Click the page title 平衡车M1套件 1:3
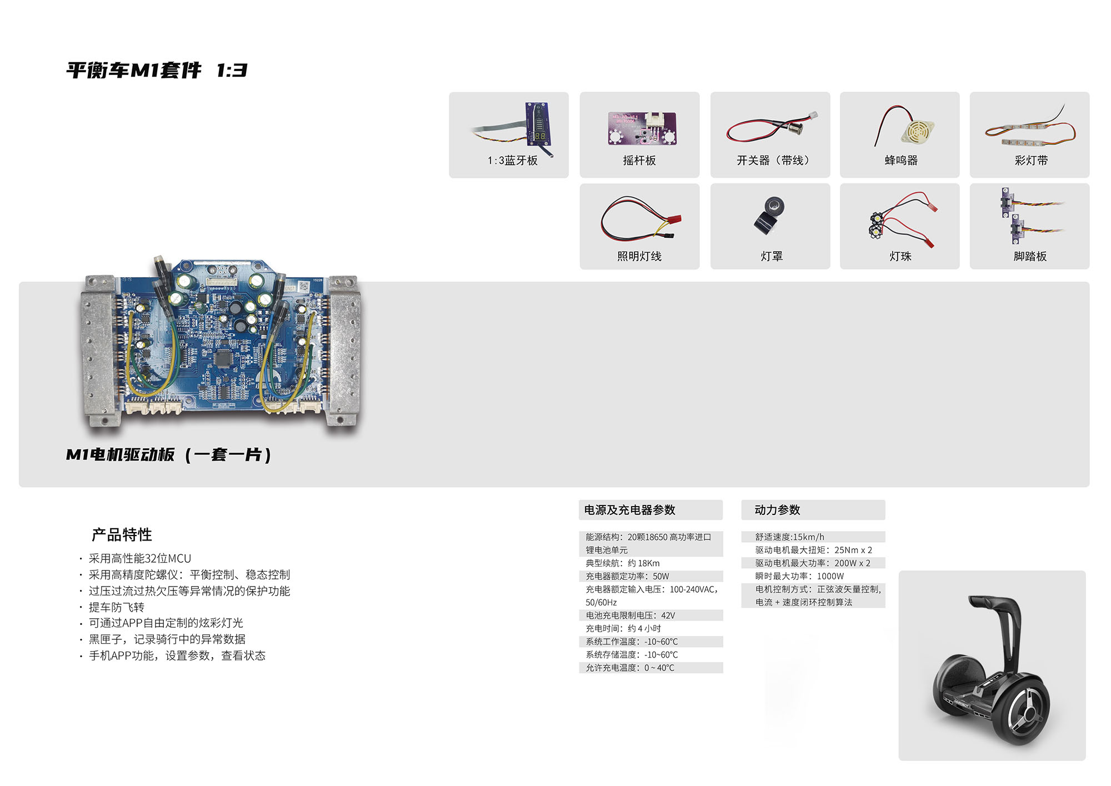157,71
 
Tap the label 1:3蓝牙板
513,161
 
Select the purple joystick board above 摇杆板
642,128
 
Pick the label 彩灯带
1031,161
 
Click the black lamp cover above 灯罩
770,216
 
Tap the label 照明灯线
639,256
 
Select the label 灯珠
900,256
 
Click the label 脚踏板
1030,256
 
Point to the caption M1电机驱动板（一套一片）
169,455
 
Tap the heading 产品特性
122,534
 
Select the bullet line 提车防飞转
116,607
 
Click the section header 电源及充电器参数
630,510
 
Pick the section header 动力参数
777,510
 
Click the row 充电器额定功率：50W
627,577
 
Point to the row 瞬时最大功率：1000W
799,577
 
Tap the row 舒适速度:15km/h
789,537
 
